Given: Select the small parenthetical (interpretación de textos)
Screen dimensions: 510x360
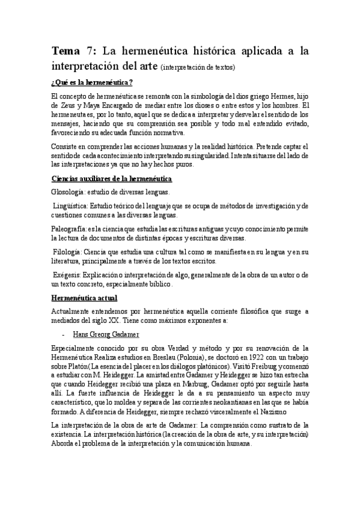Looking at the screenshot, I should (x=200, y=67).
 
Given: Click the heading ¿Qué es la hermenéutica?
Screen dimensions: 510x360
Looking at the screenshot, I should (x=93, y=82).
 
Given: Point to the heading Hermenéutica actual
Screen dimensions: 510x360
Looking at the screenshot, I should (x=85, y=298).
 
